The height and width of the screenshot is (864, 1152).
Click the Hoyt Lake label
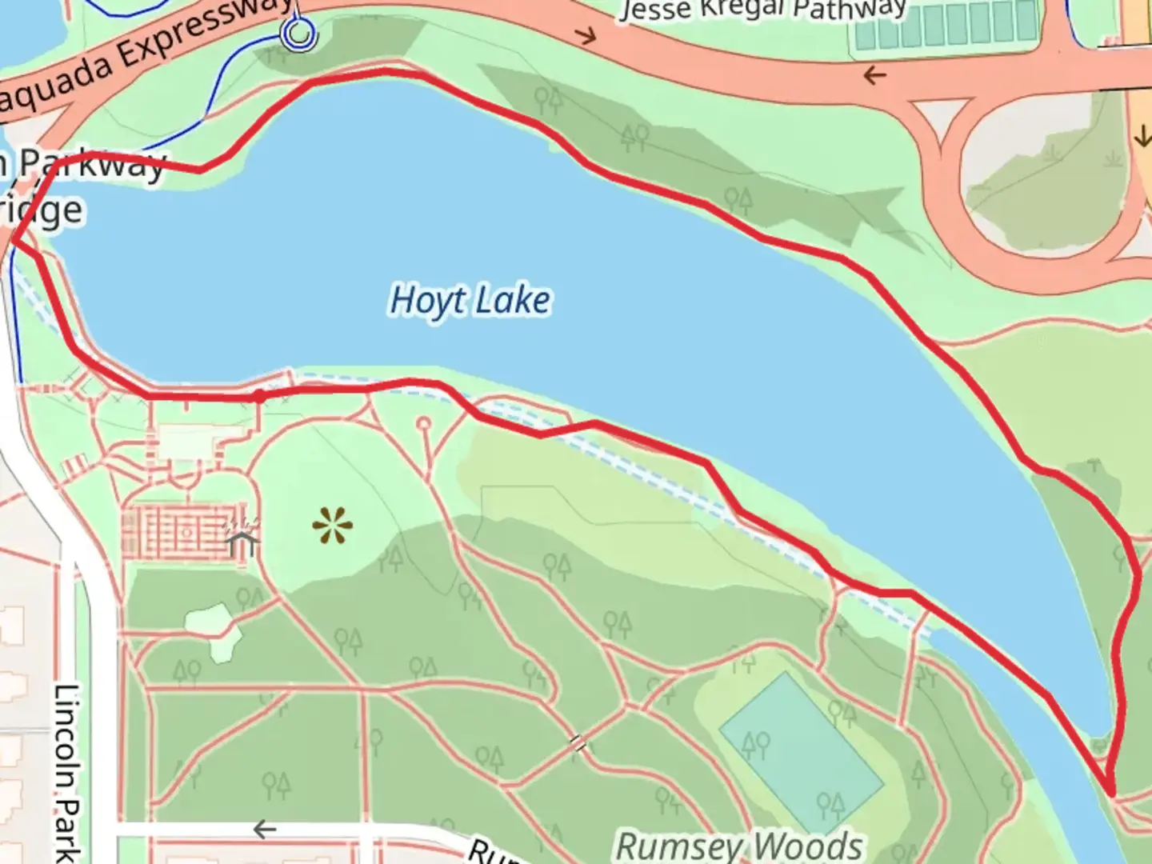pos(470,301)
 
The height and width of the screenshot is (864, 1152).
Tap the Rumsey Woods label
pos(739,845)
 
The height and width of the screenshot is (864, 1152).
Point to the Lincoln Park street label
pos(69,772)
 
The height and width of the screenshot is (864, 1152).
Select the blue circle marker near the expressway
pos(299,34)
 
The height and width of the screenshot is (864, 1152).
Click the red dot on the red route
pos(258,396)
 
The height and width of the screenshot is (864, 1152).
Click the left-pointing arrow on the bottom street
pos(264,829)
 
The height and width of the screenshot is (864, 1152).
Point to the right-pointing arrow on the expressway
pos(588,36)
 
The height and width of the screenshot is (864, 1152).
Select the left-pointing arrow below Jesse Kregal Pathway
pos(874,76)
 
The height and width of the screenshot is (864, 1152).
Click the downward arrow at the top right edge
pos(1142,137)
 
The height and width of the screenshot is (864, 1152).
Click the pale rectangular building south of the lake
pos(192,442)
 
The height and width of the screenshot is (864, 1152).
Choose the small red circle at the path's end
pos(423,423)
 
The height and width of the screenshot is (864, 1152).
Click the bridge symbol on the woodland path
pos(578,744)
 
